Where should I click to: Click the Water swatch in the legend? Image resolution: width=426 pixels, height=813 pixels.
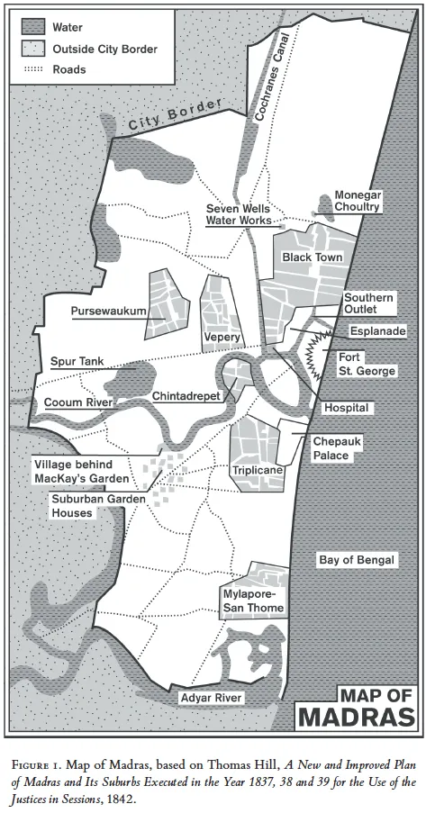coord(31,27)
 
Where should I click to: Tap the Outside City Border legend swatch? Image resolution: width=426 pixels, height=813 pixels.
coord(31,49)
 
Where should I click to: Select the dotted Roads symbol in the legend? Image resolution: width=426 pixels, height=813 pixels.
coord(31,68)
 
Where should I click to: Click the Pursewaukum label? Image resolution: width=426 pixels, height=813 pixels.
coord(109,312)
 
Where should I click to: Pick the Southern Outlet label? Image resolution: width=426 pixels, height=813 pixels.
coord(367,303)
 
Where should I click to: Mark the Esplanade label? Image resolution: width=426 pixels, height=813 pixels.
coord(377,330)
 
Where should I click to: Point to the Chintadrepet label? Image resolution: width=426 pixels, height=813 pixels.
coord(186,396)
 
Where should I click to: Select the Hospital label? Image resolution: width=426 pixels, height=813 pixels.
coord(347,408)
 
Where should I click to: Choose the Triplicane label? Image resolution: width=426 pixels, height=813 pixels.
coord(258,470)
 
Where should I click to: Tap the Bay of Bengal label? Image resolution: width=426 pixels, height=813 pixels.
coord(357,560)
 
